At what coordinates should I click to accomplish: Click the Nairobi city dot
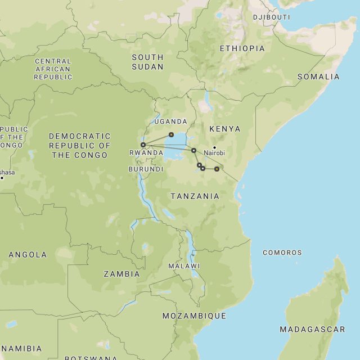coord(214,147)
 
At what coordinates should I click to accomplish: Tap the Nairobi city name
coord(214,153)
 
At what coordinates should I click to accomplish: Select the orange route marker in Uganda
coord(171,134)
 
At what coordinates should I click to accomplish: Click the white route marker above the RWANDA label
coord(143,145)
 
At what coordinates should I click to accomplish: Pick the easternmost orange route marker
coord(217,169)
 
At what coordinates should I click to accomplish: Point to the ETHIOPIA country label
coord(242,48)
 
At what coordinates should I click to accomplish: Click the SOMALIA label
coord(318,76)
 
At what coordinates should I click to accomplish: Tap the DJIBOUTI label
coord(271,17)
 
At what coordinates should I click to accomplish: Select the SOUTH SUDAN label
coord(147,62)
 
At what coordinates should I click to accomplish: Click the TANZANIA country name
coord(195,196)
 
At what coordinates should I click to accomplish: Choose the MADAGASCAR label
coord(312,329)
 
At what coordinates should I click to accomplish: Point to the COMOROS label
coord(282,253)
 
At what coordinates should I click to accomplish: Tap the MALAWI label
coord(184,266)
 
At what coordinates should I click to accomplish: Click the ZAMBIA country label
coord(121,274)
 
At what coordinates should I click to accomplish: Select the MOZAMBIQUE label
coord(194,316)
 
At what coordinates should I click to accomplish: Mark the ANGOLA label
coord(28,255)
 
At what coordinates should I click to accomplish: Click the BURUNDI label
coord(146,169)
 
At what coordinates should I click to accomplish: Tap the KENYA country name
coord(224,129)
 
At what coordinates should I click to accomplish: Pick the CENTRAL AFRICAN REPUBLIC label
coord(53,69)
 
